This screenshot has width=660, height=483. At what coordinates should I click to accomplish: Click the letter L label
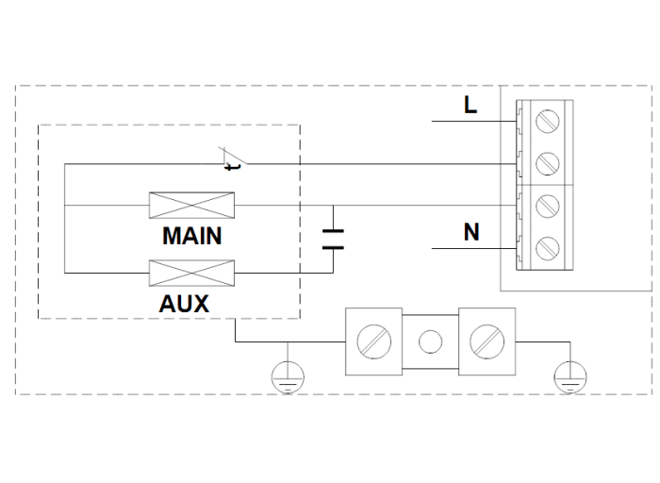pyautogui.click(x=470, y=105)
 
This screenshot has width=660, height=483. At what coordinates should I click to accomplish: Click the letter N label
pyautogui.click(x=470, y=232)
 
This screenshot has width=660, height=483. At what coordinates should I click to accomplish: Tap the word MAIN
pyautogui.click(x=192, y=235)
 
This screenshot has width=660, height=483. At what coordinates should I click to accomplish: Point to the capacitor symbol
pyautogui.click(x=332, y=238)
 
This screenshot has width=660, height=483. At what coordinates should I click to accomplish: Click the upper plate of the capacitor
pyautogui.click(x=332, y=231)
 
